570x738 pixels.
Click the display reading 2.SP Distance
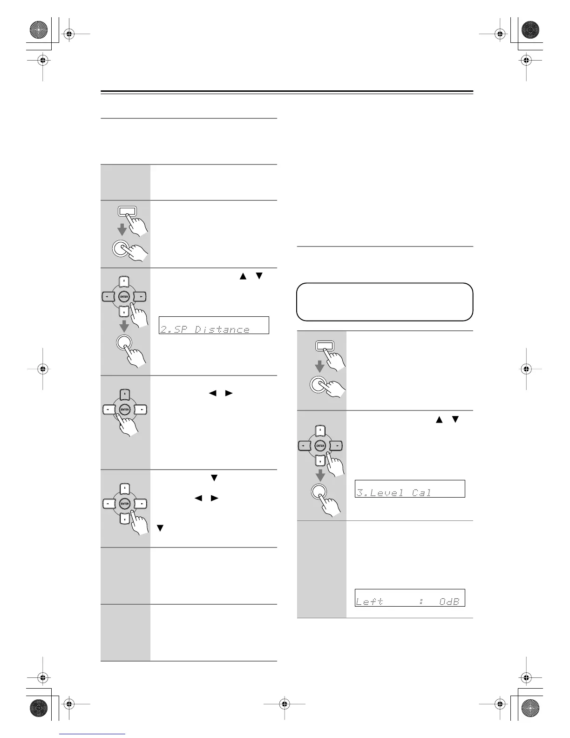point(214,325)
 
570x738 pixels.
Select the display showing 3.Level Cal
point(410,489)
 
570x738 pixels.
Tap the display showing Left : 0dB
point(410,598)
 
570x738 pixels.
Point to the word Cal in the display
point(422,492)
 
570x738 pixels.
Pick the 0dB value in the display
point(449,601)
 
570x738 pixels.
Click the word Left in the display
point(369,601)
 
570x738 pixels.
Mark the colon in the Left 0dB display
point(421,601)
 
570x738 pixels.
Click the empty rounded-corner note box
point(385,302)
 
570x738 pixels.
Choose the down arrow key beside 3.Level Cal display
point(320,461)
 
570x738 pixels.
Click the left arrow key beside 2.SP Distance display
point(109,296)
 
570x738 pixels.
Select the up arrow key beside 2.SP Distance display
point(124,281)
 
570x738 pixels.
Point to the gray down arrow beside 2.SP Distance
point(124,325)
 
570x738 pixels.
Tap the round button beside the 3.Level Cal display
point(320,492)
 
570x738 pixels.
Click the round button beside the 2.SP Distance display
point(124,344)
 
